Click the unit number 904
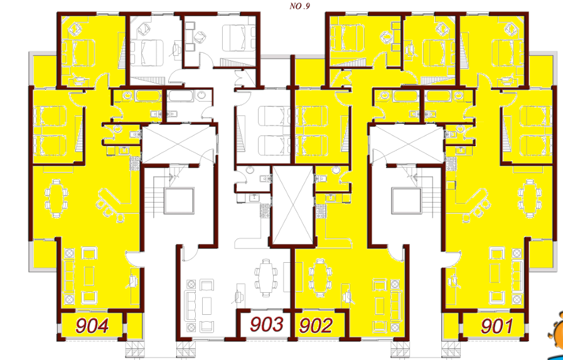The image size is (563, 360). tap(92, 326)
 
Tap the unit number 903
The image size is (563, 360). tap(266, 324)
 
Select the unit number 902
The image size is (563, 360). tap(316, 326)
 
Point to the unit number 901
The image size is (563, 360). tap(497, 326)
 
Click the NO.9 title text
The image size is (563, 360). tap(299, 6)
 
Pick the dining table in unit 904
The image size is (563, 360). tap(56, 198)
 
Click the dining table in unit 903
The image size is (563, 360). tap(266, 278)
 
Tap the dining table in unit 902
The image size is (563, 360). tap(319, 278)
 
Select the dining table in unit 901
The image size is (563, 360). tap(529, 198)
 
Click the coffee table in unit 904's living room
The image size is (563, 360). tap(89, 276)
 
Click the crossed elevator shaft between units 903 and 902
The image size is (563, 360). tap(293, 206)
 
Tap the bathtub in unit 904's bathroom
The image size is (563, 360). tap(149, 96)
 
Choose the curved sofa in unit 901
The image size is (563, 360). tap(475, 202)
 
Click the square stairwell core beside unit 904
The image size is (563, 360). tap(179, 201)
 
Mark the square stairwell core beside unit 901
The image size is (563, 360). tap(407, 201)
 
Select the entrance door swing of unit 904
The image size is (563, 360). tap(132, 259)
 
